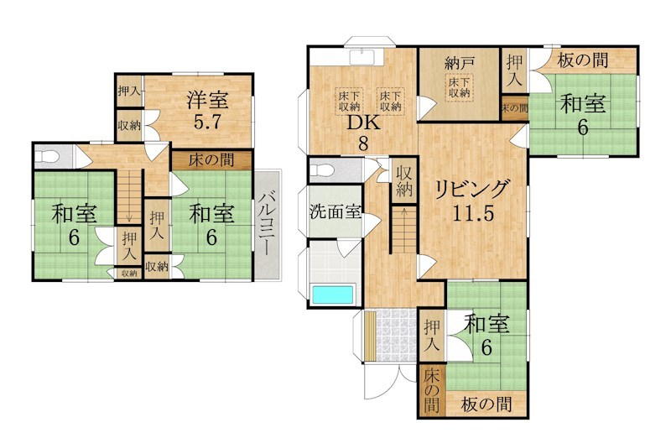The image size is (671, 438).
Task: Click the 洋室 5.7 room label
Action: [x=207, y=111]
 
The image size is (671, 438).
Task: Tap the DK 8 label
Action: [x=363, y=133]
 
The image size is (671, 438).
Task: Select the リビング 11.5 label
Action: [x=473, y=200]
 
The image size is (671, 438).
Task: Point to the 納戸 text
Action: [x=459, y=65]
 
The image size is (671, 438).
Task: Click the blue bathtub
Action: [x=333, y=295]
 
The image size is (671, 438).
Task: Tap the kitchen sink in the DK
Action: [x=363, y=57]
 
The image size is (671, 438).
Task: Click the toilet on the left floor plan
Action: [x=46, y=156]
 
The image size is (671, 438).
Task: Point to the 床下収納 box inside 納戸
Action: [x=459, y=88]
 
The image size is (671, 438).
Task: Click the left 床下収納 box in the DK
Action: [x=349, y=101]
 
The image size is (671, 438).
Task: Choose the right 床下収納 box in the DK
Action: [x=390, y=101]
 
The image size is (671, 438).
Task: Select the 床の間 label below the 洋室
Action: [x=211, y=160]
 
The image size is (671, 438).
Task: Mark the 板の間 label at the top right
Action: [x=582, y=60]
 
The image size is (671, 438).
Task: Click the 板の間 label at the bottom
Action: [x=486, y=404]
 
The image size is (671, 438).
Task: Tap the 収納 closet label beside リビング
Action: [x=404, y=181]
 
